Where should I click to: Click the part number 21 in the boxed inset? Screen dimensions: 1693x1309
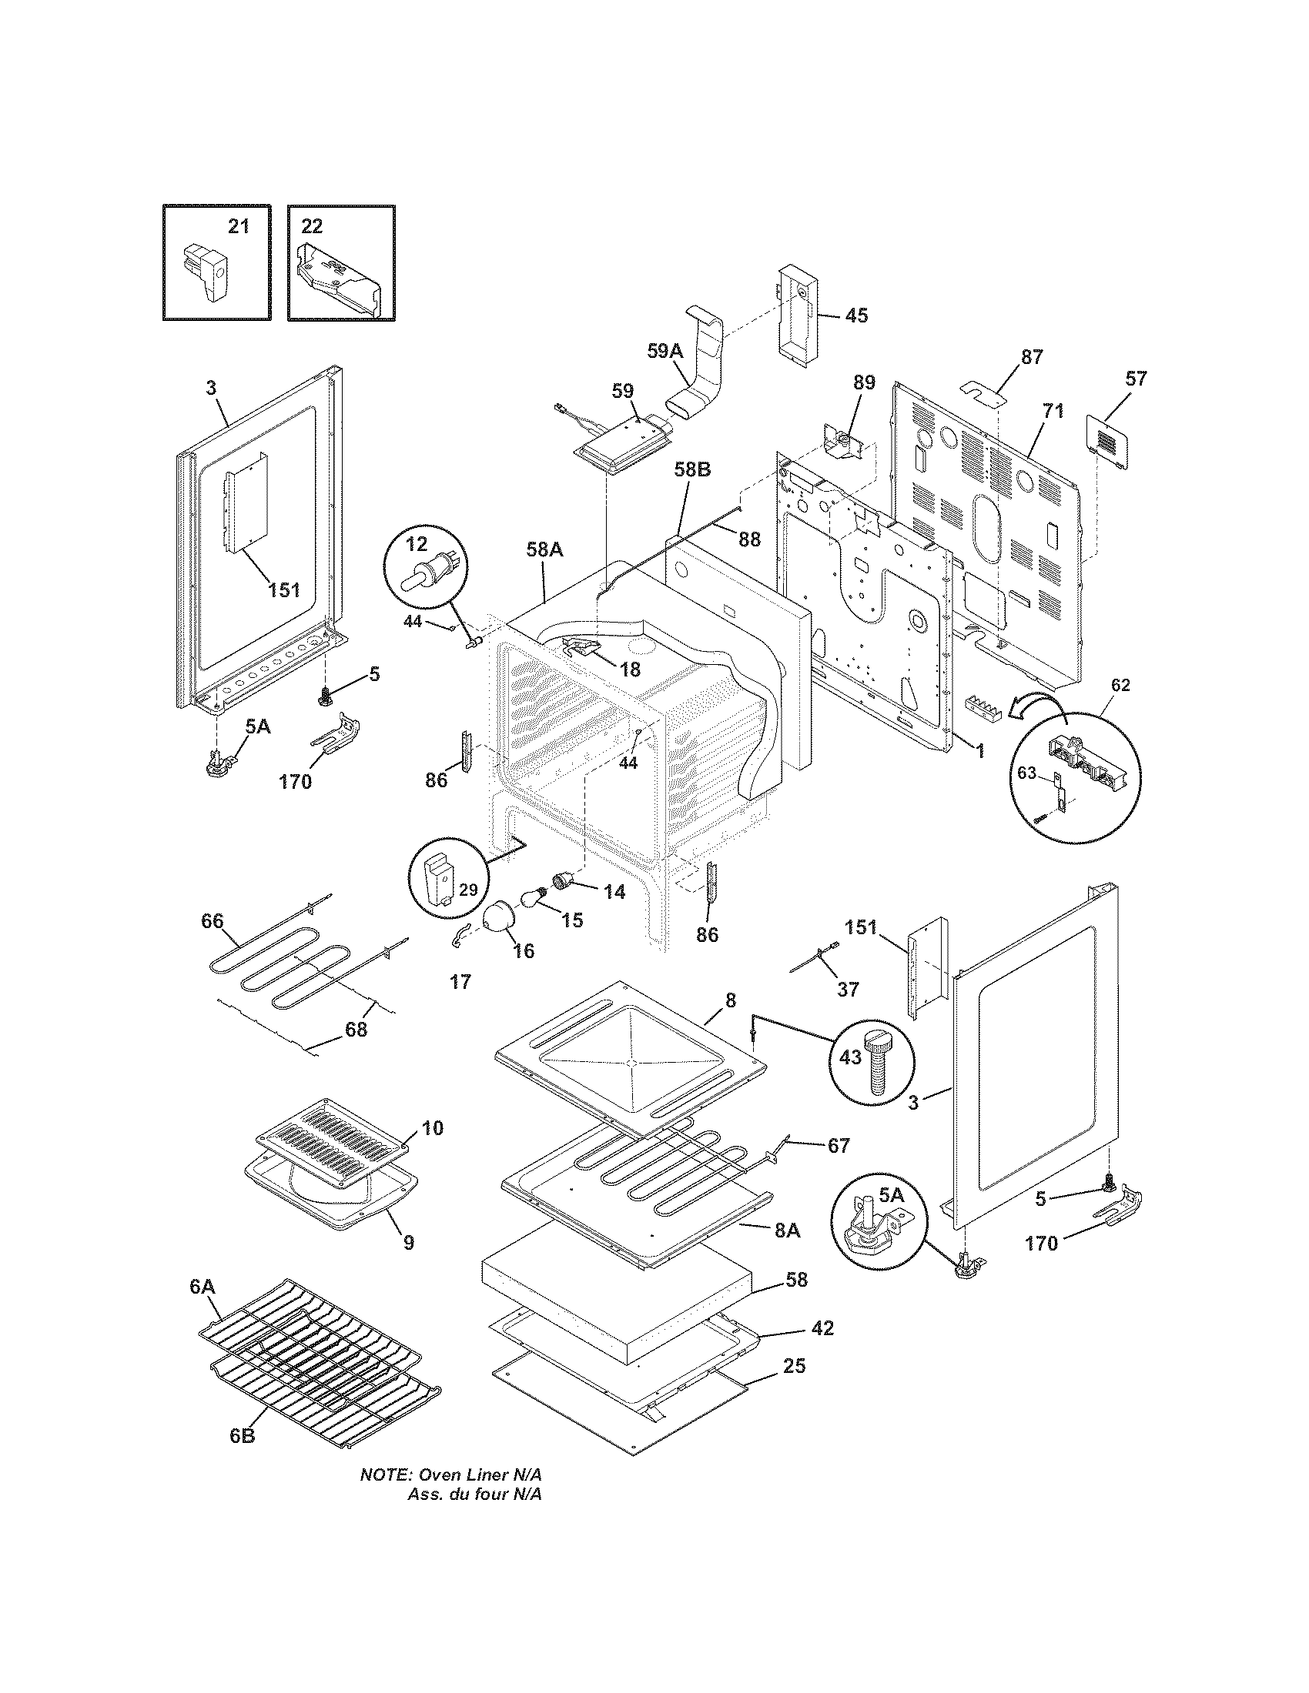point(238,226)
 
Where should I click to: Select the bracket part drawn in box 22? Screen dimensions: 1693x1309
point(339,275)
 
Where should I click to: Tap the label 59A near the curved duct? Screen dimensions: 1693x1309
point(665,350)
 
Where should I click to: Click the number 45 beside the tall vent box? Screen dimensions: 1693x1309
point(856,316)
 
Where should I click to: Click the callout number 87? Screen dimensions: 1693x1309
point(1031,356)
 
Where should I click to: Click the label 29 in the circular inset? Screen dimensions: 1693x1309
point(467,889)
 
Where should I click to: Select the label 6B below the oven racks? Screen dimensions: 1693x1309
point(241,1435)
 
